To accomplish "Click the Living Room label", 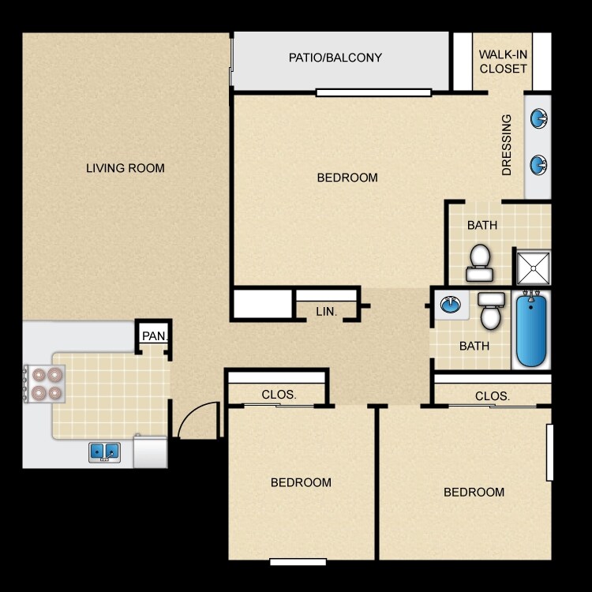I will coord(126,167).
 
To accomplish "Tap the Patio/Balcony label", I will coord(335,58).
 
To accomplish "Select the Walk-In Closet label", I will coord(503,62).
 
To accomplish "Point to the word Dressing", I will coord(507,144).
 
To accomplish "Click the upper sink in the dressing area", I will coord(539,119).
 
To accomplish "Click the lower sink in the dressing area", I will coord(539,165).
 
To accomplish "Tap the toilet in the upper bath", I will coord(480,263).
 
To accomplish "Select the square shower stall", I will coord(533,268).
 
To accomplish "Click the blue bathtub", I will coord(531,329).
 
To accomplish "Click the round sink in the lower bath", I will coord(449,305).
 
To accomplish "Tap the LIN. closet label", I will coord(327,312).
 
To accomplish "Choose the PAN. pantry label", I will coord(154,336).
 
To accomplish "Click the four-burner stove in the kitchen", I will coord(46,384).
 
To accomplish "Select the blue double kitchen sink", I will coord(104,451).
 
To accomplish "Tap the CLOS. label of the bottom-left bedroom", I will coord(279,395).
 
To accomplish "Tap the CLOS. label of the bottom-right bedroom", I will coord(493,395).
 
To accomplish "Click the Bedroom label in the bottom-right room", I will coord(474,492).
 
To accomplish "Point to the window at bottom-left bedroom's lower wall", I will coord(298,562).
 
